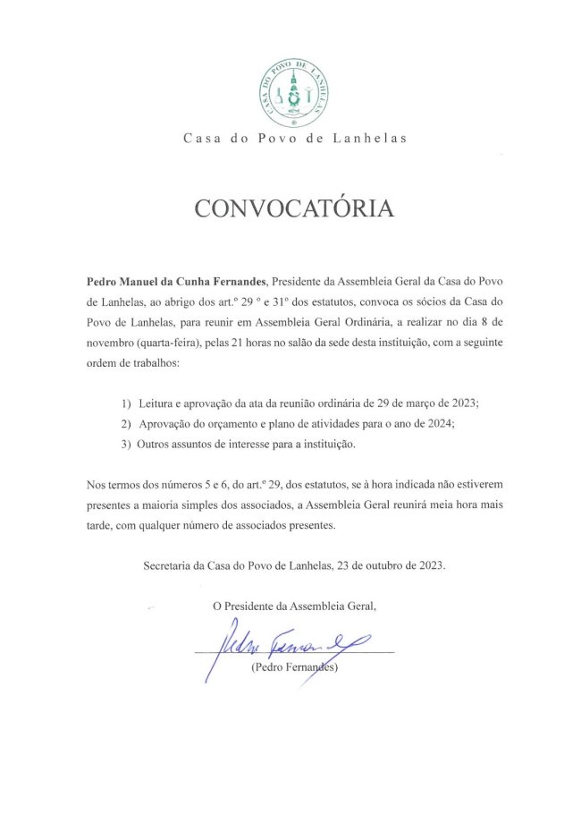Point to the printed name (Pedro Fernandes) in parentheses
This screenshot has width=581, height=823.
[294, 667]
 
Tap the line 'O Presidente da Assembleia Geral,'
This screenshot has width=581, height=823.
[294, 606]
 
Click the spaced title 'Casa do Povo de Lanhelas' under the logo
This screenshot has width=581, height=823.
[294, 138]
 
